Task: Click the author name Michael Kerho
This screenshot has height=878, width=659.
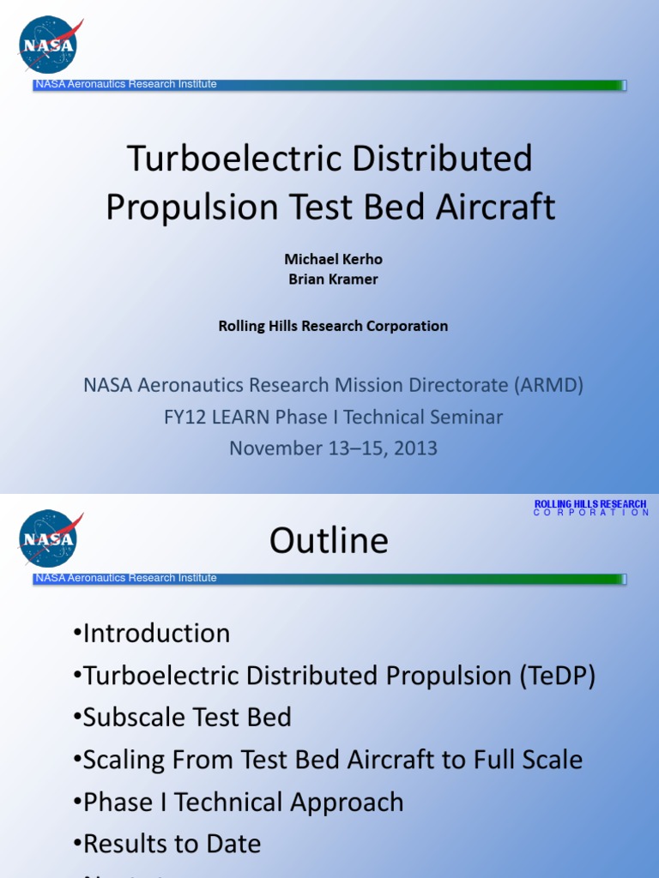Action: pyautogui.click(x=329, y=260)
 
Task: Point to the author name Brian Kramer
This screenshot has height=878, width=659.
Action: pyautogui.click(x=329, y=280)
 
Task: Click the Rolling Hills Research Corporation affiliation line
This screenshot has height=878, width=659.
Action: pyautogui.click(x=333, y=326)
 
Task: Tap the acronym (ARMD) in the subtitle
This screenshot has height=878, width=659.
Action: pyautogui.click(x=548, y=386)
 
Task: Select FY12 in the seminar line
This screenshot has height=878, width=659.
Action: pyautogui.click(x=183, y=418)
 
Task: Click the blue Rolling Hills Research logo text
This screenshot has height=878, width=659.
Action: pyautogui.click(x=590, y=508)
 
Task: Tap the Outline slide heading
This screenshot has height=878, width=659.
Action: pyautogui.click(x=329, y=541)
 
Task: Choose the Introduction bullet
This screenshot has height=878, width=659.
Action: pyautogui.click(x=152, y=634)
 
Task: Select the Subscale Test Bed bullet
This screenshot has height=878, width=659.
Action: pyautogui.click(x=183, y=718)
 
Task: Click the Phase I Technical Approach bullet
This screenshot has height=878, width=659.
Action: pyautogui.click(x=239, y=803)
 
